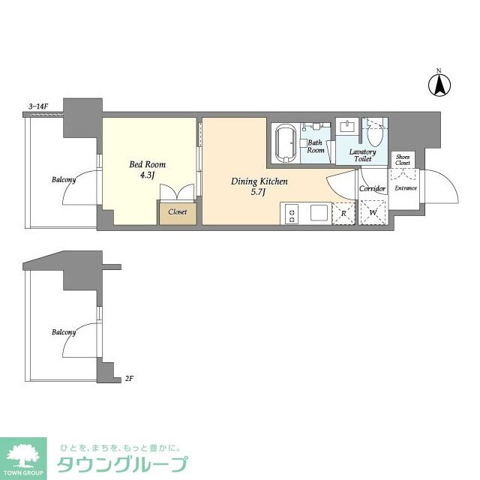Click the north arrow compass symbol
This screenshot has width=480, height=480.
tap(439, 84)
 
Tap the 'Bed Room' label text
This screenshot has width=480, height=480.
tap(148, 169)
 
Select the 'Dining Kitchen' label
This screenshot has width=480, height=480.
tap(259, 187)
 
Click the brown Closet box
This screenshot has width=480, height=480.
tap(177, 212)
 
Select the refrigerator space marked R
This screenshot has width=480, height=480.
tap(343, 213)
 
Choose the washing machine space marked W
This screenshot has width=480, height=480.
tap(373, 213)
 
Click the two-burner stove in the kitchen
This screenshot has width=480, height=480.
tap(291, 214)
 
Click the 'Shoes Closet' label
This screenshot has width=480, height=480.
tap(403, 159)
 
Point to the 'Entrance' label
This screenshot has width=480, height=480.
tap(406, 188)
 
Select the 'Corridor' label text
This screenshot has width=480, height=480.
tap(372, 188)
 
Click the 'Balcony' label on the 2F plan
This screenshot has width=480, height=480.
tap(64, 331)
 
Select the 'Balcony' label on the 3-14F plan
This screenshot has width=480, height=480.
tap(64, 180)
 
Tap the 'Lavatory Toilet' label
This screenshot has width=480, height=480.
tap(363, 154)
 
